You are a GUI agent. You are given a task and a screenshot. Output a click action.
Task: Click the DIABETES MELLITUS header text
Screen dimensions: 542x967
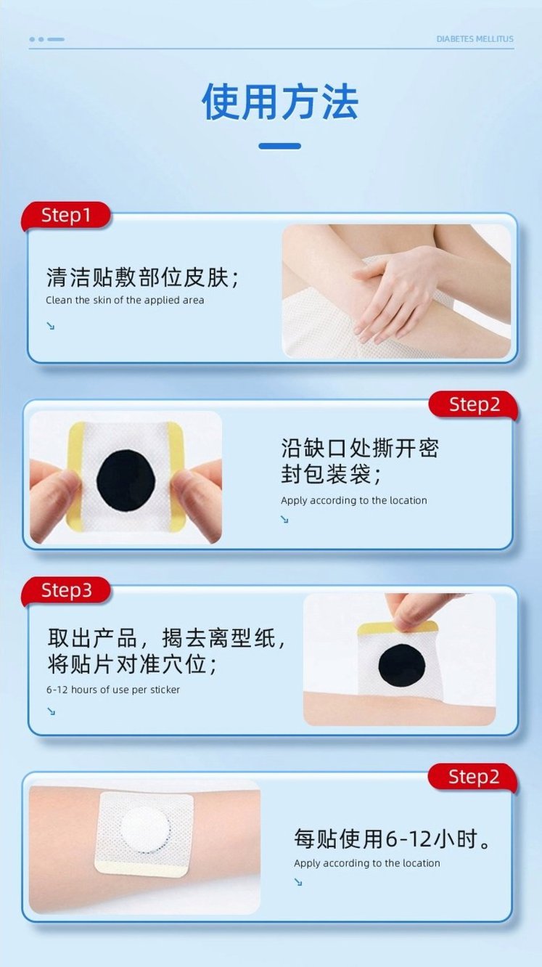click(x=475, y=39)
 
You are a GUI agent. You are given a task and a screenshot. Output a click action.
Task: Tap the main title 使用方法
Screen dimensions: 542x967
click(x=280, y=102)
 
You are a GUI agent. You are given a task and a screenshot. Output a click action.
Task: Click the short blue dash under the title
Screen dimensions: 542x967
click(x=279, y=146)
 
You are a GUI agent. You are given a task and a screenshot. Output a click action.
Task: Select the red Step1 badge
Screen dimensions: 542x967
click(x=66, y=215)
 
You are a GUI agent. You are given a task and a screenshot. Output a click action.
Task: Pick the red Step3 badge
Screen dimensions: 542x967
click(x=66, y=590)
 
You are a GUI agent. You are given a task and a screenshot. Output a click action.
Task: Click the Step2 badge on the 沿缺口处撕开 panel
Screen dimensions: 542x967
click(x=474, y=404)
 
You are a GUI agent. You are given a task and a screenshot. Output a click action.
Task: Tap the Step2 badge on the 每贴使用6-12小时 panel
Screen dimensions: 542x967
click(x=473, y=777)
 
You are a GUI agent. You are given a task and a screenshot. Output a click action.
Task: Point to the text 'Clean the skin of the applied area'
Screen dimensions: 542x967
click(x=125, y=300)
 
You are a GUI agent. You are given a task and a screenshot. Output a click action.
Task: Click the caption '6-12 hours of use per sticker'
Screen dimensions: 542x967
click(x=113, y=690)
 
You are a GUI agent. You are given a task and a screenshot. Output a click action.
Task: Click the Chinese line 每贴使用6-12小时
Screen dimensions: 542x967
click(x=392, y=839)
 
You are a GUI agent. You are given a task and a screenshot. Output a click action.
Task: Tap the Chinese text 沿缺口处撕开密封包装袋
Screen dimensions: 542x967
click(x=360, y=460)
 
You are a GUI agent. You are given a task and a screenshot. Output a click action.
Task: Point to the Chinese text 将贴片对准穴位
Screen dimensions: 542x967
click(x=131, y=664)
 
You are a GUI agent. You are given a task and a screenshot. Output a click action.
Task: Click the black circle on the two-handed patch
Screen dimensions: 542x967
click(x=126, y=478)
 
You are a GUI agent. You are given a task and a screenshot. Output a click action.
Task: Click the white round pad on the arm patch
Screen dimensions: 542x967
click(x=145, y=829)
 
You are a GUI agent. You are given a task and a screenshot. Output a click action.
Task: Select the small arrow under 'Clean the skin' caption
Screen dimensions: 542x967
click(x=51, y=325)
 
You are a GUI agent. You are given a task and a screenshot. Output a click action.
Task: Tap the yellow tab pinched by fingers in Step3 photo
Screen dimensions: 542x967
click(x=397, y=628)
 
